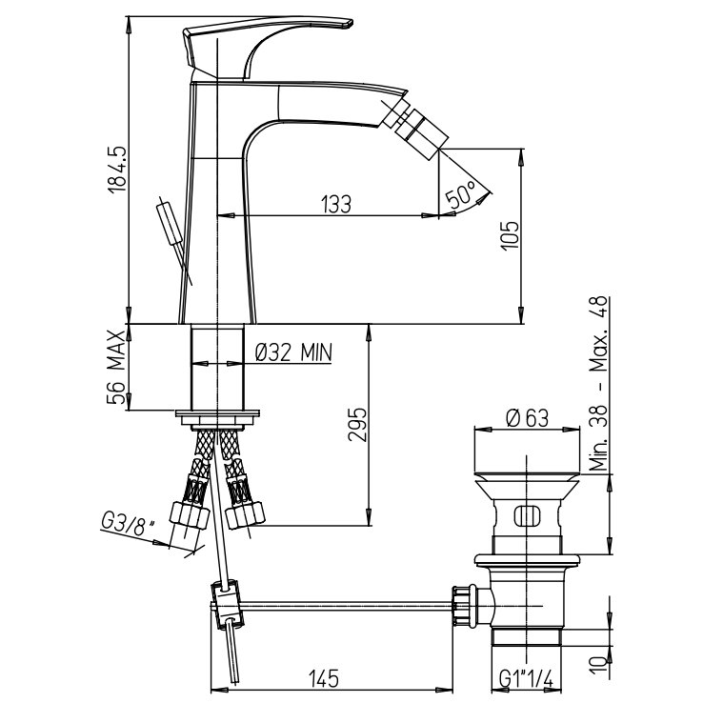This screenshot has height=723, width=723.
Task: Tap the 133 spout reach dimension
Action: [335, 204]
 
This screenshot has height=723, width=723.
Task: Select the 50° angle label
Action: [461, 194]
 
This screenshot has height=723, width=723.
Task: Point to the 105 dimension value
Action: [510, 235]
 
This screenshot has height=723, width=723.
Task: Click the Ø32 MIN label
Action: [293, 353]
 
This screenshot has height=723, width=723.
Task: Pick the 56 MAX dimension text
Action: [116, 368]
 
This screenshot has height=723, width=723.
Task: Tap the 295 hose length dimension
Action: [357, 424]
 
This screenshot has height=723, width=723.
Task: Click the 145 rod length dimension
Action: [324, 678]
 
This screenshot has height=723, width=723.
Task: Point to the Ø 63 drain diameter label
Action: [527, 418]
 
